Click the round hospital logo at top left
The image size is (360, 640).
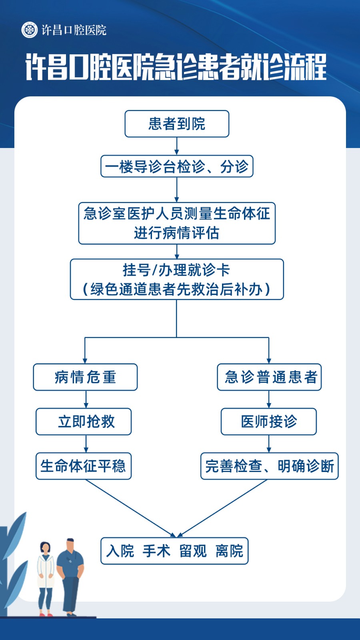30,30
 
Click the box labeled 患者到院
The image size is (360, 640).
177,124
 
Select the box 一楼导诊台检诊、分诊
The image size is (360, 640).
177,166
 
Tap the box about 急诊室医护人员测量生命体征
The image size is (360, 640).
177,224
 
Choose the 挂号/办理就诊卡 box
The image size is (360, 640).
177,280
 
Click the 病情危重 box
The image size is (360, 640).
86,377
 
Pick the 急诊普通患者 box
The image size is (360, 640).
269,377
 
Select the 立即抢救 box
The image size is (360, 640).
84,422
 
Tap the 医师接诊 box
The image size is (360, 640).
269,422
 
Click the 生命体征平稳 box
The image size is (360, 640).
84,466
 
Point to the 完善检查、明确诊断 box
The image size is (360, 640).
270,466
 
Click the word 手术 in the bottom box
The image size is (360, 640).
156,551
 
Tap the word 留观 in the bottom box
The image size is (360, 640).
193,551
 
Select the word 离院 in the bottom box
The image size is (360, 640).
230,551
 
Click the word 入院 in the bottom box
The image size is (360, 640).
120,551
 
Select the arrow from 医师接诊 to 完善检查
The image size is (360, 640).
269,444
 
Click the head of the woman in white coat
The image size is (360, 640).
45,548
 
